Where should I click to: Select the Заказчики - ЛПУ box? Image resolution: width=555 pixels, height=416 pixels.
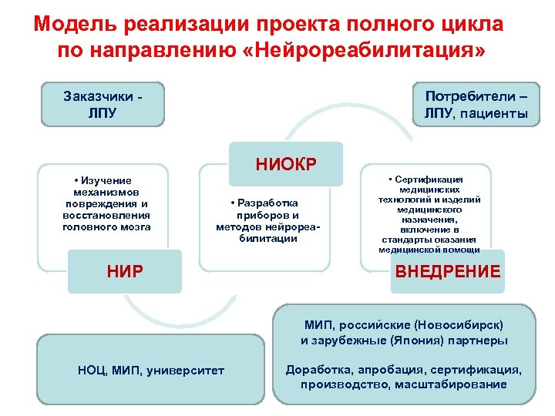103,105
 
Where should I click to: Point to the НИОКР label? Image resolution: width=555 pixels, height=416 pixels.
286,163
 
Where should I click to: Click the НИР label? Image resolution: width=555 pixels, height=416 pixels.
124,271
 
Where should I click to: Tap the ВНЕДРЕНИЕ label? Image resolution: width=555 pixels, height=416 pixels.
447,271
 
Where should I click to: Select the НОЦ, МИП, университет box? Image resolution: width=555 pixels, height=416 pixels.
151,371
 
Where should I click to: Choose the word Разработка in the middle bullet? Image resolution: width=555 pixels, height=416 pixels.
271,203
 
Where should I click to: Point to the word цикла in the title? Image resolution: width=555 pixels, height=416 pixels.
476,24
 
